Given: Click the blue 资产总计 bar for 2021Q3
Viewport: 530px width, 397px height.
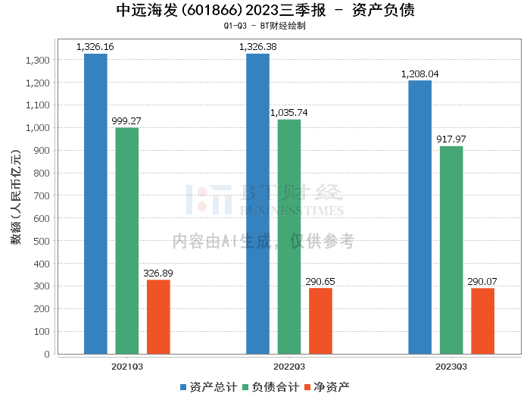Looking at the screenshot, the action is [x=95, y=204].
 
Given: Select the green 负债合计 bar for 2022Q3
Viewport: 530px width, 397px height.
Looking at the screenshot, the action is [x=289, y=236].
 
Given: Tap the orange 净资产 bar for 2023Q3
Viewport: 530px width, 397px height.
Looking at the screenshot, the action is [x=483, y=321].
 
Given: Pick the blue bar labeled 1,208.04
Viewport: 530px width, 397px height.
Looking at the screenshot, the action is [x=419, y=217].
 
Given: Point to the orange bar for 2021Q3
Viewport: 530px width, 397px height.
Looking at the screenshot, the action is [x=158, y=317].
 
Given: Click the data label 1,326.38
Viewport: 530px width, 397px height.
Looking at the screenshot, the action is [x=258, y=47].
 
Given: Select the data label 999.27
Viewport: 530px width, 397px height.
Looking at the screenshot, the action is [x=126, y=120].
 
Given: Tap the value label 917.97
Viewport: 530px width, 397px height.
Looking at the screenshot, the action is [x=451, y=139].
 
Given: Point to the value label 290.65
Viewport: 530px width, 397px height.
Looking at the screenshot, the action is [x=320, y=281].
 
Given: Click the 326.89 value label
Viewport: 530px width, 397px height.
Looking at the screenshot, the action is [x=158, y=273].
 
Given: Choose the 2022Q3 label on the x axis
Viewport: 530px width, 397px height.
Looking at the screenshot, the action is [x=289, y=367].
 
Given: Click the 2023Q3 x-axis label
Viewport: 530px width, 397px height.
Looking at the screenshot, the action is [x=451, y=367].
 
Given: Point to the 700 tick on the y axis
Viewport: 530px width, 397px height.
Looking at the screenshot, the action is [x=42, y=195].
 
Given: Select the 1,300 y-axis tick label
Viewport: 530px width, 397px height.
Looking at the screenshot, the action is [x=38, y=60].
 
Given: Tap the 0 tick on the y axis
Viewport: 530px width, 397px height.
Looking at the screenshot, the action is [x=47, y=354].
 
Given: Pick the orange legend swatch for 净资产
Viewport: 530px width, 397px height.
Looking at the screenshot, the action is [x=307, y=387].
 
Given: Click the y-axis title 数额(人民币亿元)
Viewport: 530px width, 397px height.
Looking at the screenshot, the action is [x=16, y=197].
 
